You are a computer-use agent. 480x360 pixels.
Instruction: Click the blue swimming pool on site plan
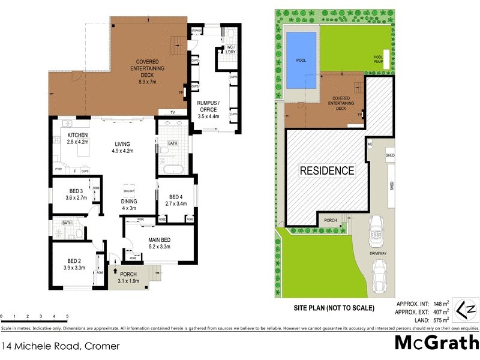coord(301,60)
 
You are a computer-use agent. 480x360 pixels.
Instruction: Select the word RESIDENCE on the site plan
coord(327,170)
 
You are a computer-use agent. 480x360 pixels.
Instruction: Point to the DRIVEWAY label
coord(379,254)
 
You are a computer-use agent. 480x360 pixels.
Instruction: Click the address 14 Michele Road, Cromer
coord(60,346)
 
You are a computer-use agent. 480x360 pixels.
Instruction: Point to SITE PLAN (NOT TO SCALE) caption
coord(334,308)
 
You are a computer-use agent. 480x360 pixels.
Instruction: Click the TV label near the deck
coord(172,113)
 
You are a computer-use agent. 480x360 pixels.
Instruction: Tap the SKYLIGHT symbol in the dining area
coord(128,188)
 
